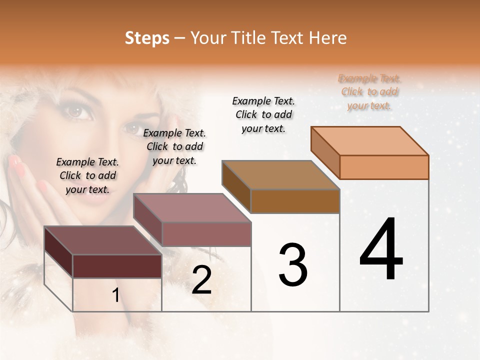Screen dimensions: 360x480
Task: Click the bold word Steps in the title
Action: tap(147, 38)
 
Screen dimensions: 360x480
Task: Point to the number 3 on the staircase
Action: tap(293, 265)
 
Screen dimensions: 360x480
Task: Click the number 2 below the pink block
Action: tap(201, 280)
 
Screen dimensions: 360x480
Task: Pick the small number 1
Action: tap(115, 295)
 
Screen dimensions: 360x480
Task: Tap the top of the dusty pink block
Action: tap(192, 208)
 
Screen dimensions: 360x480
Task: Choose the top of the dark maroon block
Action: tap(103, 240)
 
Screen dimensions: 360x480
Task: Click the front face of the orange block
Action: tap(384, 167)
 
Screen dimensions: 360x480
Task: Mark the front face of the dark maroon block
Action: tap(117, 266)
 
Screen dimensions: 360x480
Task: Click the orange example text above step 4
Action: tap(369, 92)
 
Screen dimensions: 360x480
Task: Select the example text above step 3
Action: tap(263, 114)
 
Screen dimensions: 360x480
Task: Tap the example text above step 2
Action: tap(174, 146)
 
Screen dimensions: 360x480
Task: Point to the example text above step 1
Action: tap(87, 175)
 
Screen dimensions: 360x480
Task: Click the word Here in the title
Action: tap(327, 38)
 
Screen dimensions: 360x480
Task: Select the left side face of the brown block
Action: tap(236, 185)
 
